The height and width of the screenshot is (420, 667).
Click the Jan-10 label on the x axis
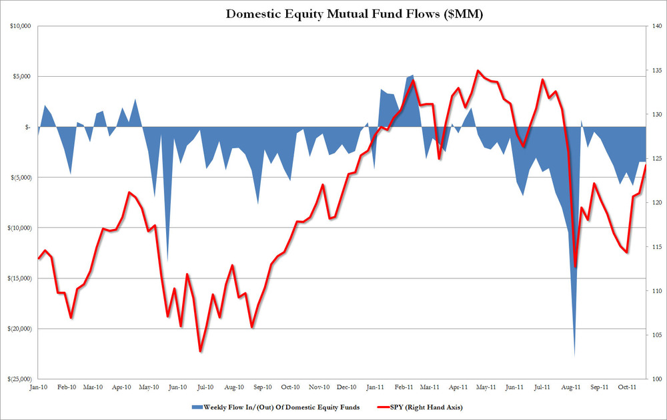(x=37, y=386)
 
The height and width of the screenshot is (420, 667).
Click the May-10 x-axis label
(x=150, y=386)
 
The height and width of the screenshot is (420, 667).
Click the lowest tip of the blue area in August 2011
(x=575, y=355)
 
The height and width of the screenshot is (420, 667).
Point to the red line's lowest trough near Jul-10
(x=199, y=351)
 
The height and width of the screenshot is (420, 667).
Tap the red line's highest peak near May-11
(x=478, y=70)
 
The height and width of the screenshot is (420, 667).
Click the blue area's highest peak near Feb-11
(x=413, y=75)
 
